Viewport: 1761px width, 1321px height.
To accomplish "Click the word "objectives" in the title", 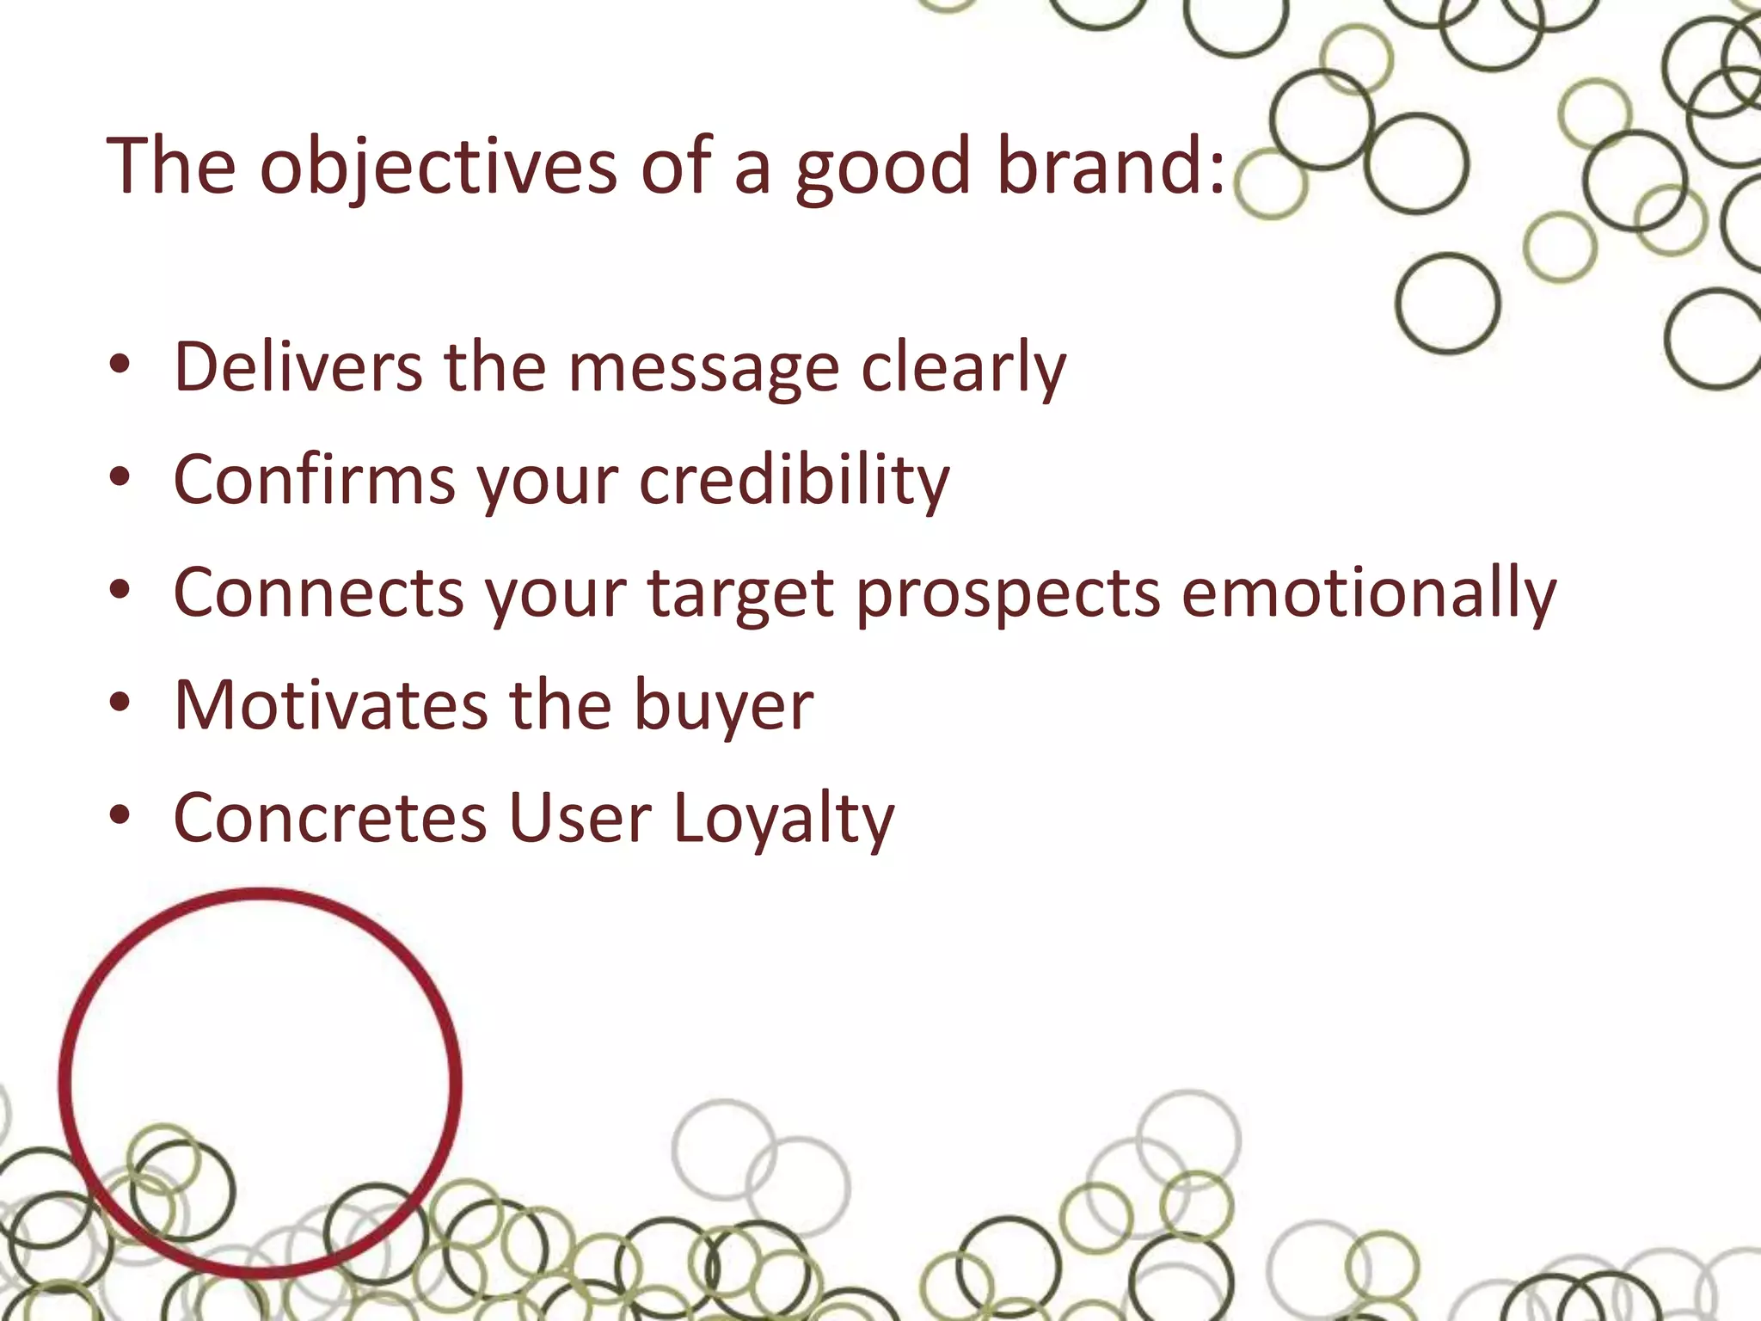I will [x=438, y=168].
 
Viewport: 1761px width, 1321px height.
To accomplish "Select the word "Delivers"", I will [x=298, y=367].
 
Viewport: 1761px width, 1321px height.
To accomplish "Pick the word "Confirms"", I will [x=314, y=480].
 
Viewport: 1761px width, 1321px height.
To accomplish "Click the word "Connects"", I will [x=319, y=594].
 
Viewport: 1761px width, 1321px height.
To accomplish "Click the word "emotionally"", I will [x=1368, y=594].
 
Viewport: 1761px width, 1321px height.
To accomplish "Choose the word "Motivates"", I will [x=331, y=705].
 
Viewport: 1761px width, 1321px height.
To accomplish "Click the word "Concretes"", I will [x=330, y=818].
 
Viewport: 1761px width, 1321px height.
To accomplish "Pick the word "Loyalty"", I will [x=782, y=820].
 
